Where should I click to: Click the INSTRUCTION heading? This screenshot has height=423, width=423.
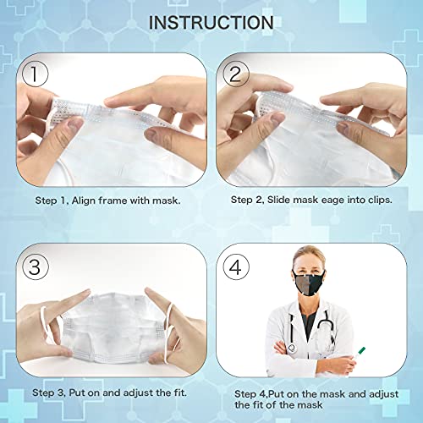click(211, 22)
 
